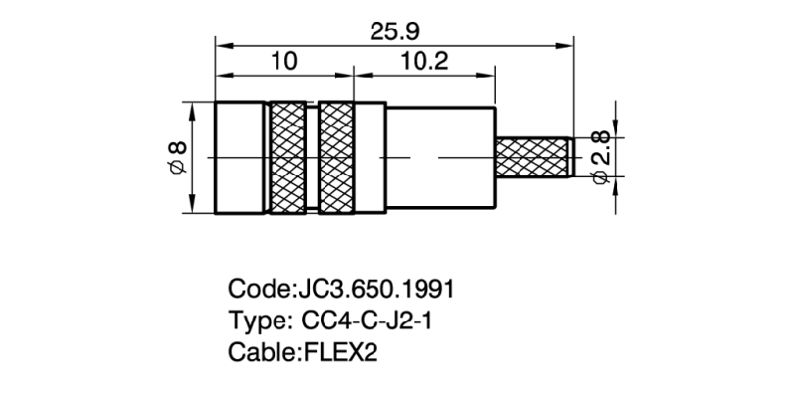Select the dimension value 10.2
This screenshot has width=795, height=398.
click(425, 62)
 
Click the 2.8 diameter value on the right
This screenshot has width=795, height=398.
click(600, 143)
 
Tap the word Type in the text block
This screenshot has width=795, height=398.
click(255, 321)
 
